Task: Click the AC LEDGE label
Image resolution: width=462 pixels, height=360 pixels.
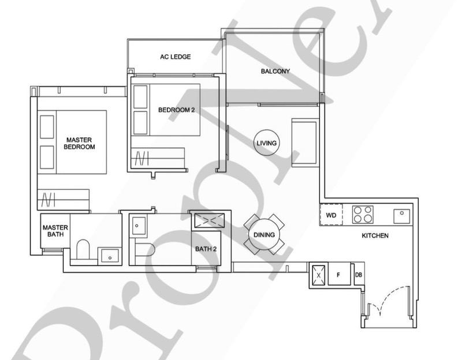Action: (176, 57)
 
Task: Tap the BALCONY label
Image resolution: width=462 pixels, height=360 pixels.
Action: (275, 71)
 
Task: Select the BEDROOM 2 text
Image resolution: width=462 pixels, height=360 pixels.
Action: (177, 110)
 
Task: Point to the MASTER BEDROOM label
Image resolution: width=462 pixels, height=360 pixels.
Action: (79, 143)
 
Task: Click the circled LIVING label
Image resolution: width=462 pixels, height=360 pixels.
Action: (266, 143)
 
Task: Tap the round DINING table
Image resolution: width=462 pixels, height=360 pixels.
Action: (264, 235)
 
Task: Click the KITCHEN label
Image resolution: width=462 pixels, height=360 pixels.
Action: (375, 235)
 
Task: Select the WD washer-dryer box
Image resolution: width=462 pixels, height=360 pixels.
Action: (331, 215)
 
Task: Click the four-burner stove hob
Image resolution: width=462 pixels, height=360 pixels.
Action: (363, 215)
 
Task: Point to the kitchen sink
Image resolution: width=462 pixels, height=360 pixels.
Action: (402, 216)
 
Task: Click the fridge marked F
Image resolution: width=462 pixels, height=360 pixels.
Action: (339, 275)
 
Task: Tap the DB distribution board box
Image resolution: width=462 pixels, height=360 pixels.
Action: (359, 275)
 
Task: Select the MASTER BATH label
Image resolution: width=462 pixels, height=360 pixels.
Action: (55, 231)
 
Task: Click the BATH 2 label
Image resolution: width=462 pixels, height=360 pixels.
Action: (206, 249)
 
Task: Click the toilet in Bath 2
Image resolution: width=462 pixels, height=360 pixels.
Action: (144, 250)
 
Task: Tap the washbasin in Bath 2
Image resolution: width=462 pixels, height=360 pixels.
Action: (139, 226)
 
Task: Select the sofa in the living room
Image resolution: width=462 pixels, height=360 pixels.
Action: (305, 142)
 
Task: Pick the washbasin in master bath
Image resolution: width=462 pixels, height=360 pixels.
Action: (110, 256)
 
